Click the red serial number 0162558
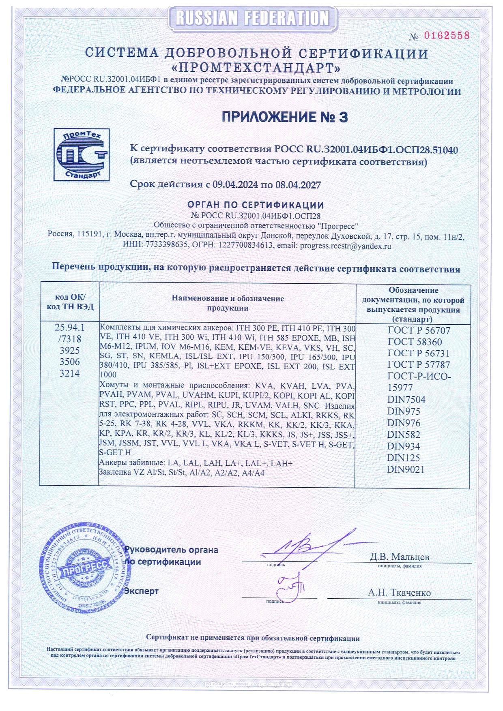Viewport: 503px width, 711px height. pos(446,36)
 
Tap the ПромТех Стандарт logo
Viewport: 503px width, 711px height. pos(82,154)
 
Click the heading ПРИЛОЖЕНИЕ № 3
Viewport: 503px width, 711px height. pos(285,117)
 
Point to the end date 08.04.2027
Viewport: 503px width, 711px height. pos(298,185)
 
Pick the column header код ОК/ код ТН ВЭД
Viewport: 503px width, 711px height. pos(70,302)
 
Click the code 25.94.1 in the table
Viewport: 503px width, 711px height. pos(70,327)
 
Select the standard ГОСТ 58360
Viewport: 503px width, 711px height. pos(415,342)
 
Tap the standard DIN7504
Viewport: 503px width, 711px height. pos(406,400)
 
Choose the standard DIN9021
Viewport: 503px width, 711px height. pos(406,469)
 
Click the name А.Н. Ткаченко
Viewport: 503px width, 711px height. pos(399,593)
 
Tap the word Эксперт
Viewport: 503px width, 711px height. pos(142,591)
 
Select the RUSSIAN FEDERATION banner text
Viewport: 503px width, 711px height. pos(252,18)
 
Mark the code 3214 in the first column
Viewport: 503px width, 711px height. pos(70,373)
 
